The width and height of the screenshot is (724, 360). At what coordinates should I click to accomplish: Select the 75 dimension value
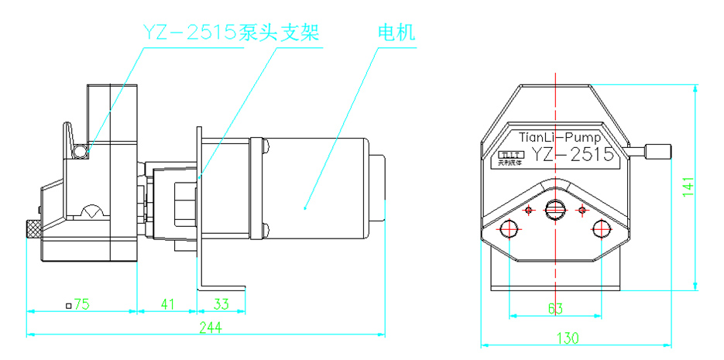pyautogui.click(x=81, y=304)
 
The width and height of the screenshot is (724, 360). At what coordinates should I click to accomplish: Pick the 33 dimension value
pyautogui.click(x=221, y=304)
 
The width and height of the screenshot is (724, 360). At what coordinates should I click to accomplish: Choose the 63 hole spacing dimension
pyautogui.click(x=554, y=309)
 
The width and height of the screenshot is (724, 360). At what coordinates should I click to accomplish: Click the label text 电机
pyautogui.click(x=396, y=33)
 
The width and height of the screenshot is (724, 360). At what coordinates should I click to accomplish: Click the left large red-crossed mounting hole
pyautogui.click(x=509, y=228)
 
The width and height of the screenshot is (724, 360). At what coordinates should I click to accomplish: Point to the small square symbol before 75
pyautogui.click(x=69, y=305)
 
